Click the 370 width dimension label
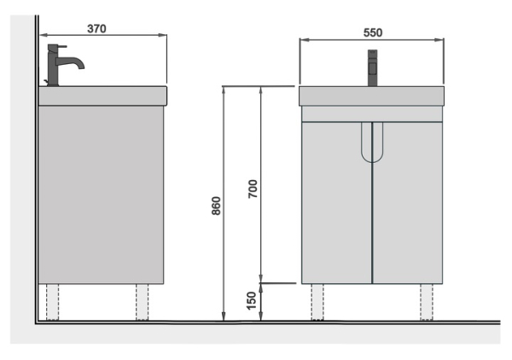tap(96, 29)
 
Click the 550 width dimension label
tap(373, 32)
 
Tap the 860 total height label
tap(216, 206)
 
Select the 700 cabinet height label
tap(253, 189)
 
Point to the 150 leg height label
tap(252, 301)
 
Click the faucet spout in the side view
tap(73, 62)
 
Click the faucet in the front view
tap(373, 68)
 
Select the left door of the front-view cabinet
tap(337, 203)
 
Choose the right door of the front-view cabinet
tap(408, 203)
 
